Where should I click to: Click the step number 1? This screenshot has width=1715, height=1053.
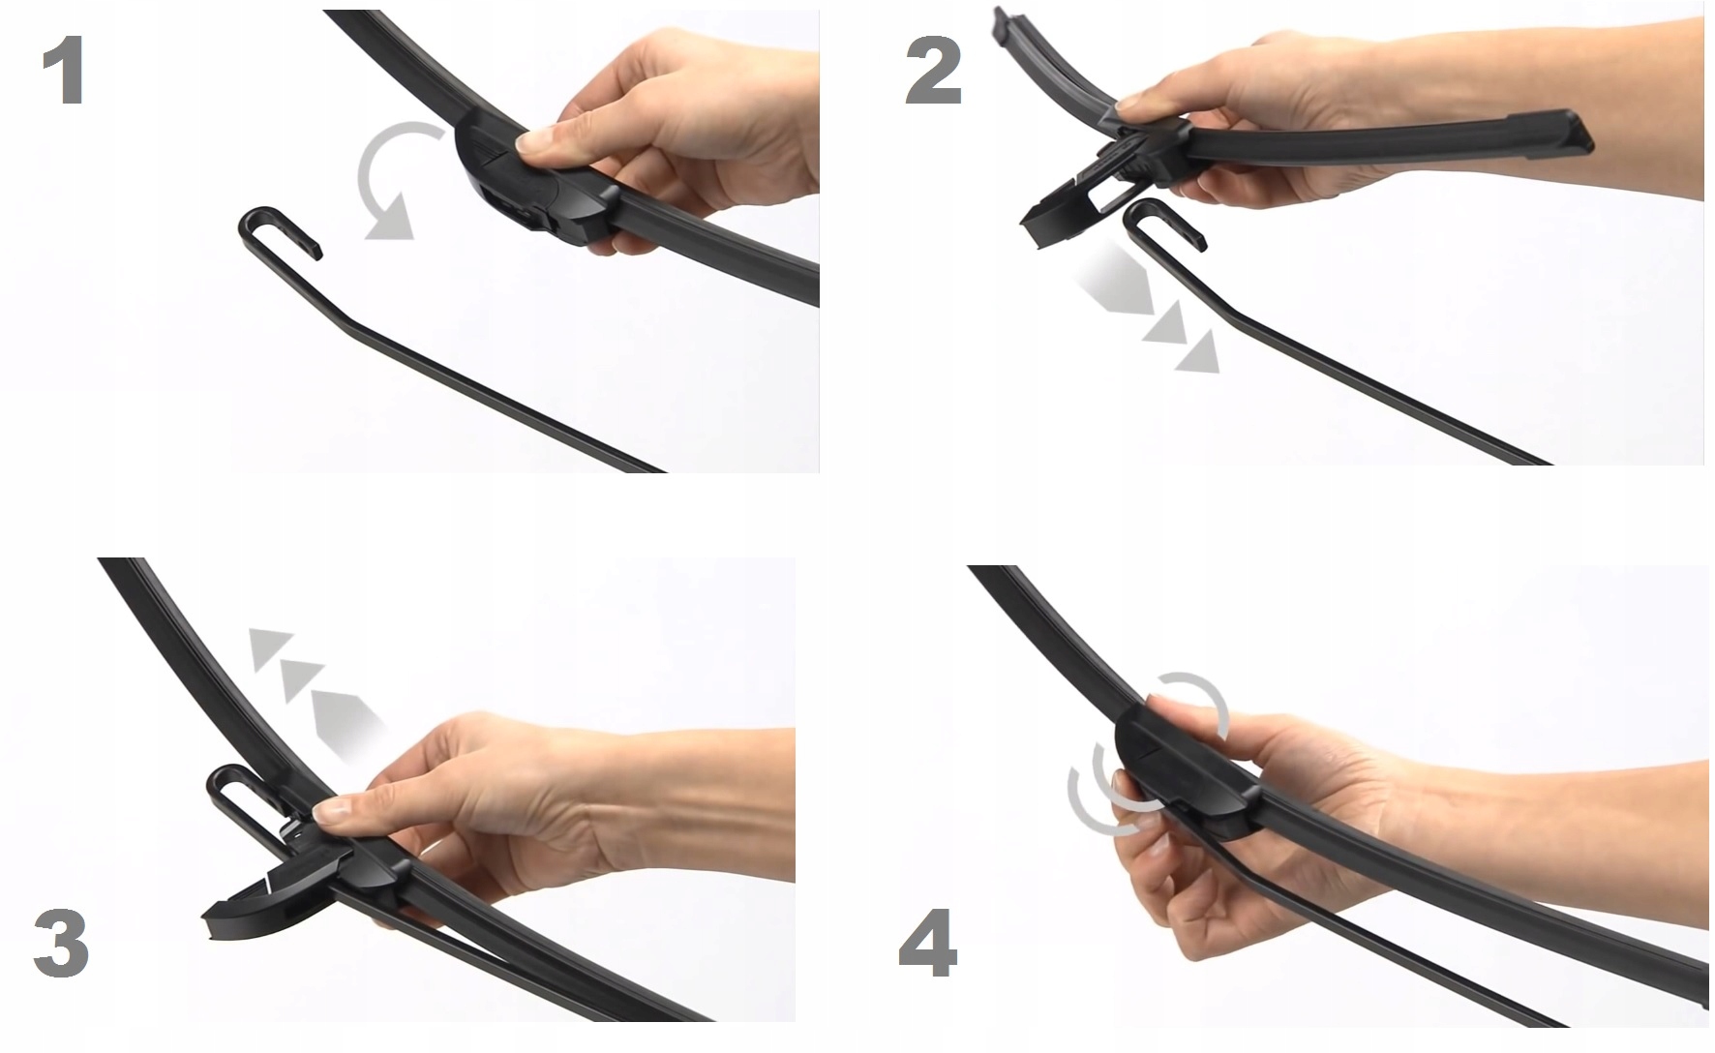pyautogui.click(x=65, y=72)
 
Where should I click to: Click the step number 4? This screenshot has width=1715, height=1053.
pyautogui.click(x=928, y=942)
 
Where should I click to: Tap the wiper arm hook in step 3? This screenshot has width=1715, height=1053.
pyautogui.click(x=237, y=794)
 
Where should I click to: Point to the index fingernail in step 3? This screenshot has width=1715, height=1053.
pyautogui.click(x=331, y=812)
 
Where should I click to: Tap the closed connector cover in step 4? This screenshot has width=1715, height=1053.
pyautogui.click(x=1186, y=765)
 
